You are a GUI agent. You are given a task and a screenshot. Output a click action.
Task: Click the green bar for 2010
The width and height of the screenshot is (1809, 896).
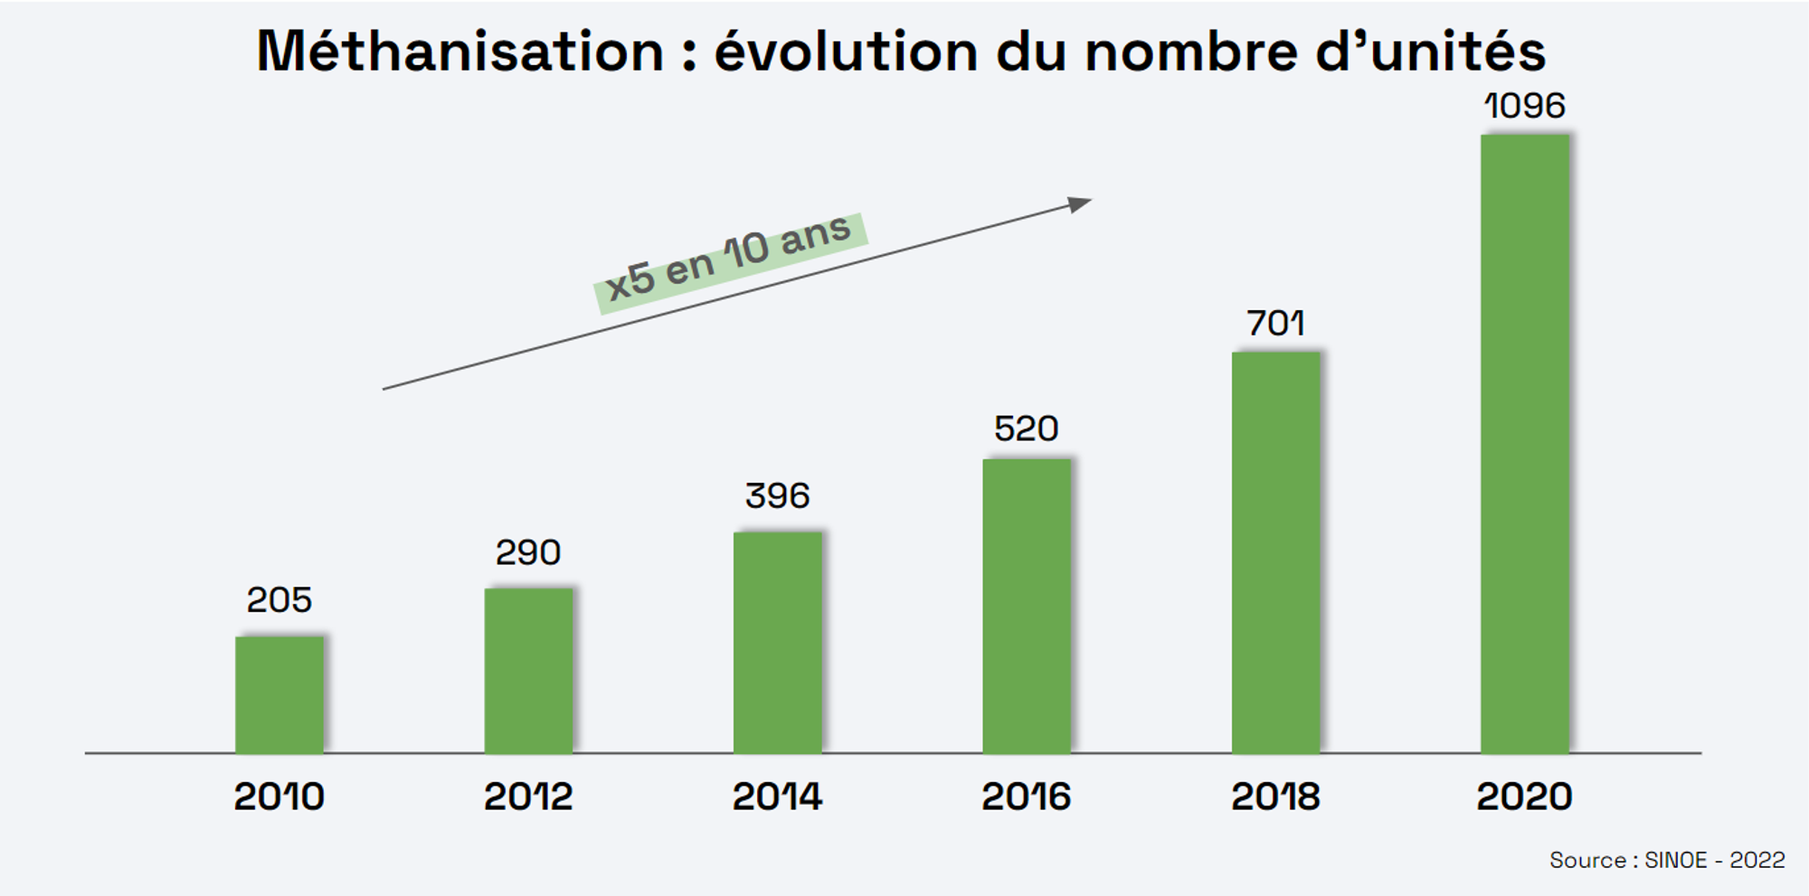(279, 694)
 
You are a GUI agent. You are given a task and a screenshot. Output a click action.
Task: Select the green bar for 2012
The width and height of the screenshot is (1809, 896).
(528, 671)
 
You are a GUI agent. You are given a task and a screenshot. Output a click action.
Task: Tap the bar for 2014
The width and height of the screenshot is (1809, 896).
(778, 642)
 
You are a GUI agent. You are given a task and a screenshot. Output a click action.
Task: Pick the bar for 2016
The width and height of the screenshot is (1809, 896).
(1027, 606)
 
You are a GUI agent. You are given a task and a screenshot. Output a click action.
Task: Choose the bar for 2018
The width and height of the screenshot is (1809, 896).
(1276, 552)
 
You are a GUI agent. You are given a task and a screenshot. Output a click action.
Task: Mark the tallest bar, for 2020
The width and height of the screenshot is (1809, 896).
(1525, 444)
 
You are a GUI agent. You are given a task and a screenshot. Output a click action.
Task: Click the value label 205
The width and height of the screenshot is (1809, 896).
(279, 599)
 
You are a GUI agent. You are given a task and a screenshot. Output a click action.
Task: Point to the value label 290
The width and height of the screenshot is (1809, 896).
(528, 552)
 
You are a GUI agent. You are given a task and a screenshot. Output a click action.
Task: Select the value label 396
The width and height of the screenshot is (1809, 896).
(778, 495)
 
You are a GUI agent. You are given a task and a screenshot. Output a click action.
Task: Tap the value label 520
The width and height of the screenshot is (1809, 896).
(1027, 428)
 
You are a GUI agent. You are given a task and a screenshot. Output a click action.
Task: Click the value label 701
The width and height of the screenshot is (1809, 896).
(1276, 323)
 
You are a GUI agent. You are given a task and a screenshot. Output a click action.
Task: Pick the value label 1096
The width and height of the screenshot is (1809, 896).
(1525, 106)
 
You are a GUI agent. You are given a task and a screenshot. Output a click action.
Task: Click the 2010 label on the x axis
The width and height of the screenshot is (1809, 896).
(279, 797)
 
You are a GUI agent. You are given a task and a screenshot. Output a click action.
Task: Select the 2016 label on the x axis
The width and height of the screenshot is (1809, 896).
(1027, 797)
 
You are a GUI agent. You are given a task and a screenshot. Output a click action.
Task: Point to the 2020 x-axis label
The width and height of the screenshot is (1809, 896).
(1525, 797)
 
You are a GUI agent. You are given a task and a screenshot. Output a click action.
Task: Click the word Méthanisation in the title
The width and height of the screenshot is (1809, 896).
(460, 51)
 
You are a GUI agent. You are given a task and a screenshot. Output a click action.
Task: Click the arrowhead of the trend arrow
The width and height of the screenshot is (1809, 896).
(1081, 204)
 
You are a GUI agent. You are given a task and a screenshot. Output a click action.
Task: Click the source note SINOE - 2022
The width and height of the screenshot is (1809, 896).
(1715, 860)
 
